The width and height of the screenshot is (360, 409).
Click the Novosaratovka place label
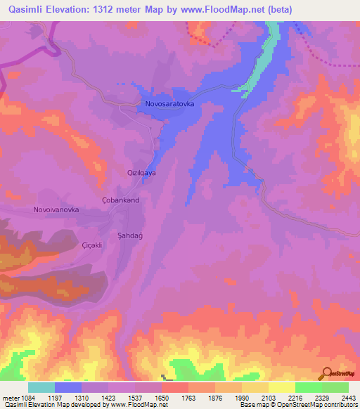pyautogui.click(x=169, y=104)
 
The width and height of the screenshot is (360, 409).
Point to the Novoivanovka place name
pyautogui.click(x=56, y=209)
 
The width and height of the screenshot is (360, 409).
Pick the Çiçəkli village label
pyautogui.click(x=92, y=245)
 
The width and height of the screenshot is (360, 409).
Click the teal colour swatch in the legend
pyautogui.click(x=41, y=387)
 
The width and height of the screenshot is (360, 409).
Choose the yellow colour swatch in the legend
pyautogui.click(x=282, y=387)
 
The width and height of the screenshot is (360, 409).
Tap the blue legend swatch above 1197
pyautogui.click(x=68, y=387)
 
